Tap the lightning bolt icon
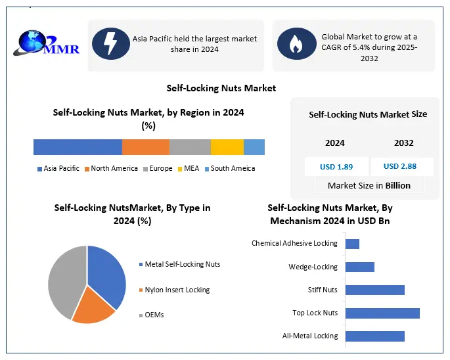click(111, 44)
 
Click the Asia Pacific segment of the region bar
click(78, 147)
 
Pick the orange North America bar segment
click(146, 147)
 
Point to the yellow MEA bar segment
click(227, 147)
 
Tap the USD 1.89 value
click(336, 166)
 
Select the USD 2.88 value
click(399, 166)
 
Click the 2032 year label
click(403, 143)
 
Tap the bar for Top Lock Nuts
click(382, 313)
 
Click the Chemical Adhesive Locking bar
click(352, 244)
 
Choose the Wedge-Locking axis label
click(313, 267)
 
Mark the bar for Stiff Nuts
click(374, 290)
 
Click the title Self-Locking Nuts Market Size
click(368, 114)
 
